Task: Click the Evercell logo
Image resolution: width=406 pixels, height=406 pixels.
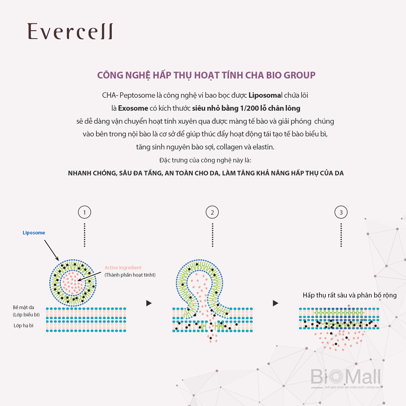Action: point(70,31)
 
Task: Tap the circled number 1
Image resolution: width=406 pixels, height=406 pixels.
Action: point(84,212)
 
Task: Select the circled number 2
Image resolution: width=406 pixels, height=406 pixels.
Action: point(212,212)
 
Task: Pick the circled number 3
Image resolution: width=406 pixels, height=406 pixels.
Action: point(341,212)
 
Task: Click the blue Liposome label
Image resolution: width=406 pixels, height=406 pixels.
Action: point(34,233)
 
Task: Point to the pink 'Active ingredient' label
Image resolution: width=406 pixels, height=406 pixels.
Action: point(123,268)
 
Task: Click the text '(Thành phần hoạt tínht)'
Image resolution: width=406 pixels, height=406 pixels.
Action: point(130,275)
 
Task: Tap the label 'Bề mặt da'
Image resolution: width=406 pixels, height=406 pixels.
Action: point(24,307)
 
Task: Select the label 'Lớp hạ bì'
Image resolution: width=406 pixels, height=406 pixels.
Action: point(24,326)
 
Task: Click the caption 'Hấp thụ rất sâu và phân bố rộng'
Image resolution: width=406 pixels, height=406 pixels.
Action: point(349,295)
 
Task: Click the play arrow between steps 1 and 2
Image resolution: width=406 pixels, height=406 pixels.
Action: point(149,303)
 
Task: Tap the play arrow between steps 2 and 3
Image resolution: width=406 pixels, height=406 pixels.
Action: point(276,303)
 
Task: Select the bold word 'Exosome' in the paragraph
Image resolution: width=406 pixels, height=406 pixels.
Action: point(133,108)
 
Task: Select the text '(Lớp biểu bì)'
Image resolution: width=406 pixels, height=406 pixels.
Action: point(26,315)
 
